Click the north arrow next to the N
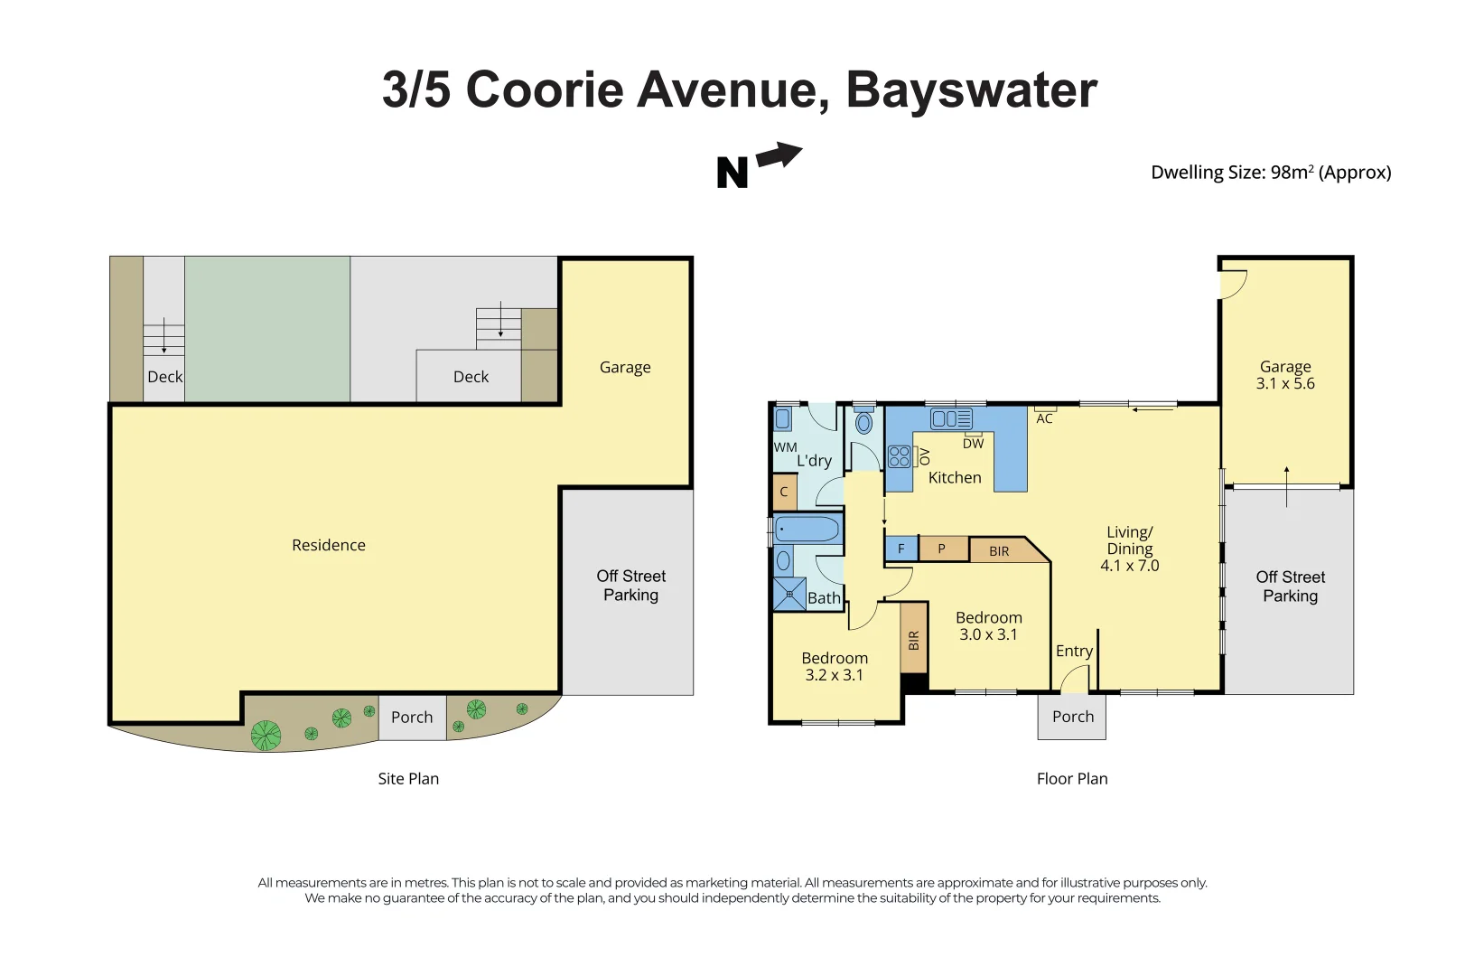[x=779, y=156]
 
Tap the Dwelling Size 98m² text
[x=1270, y=173]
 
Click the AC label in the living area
[x=1044, y=418]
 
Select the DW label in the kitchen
[x=973, y=444]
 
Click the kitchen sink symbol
[x=951, y=419]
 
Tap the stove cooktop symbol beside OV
[x=899, y=456]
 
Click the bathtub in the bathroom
[x=807, y=529]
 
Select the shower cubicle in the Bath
[x=789, y=594]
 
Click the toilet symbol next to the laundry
[x=863, y=423]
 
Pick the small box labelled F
[x=900, y=549]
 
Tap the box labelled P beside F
[x=942, y=549]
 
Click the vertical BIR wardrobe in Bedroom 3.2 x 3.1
[x=913, y=640]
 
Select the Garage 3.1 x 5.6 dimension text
[x=1285, y=383]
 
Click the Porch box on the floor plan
[x=1072, y=717]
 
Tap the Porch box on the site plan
[x=412, y=718]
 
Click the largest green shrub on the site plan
[x=266, y=736]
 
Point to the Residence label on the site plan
[x=329, y=545]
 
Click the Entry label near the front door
[x=1074, y=651]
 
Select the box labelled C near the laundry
[x=784, y=493]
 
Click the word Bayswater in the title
[x=971, y=90]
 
